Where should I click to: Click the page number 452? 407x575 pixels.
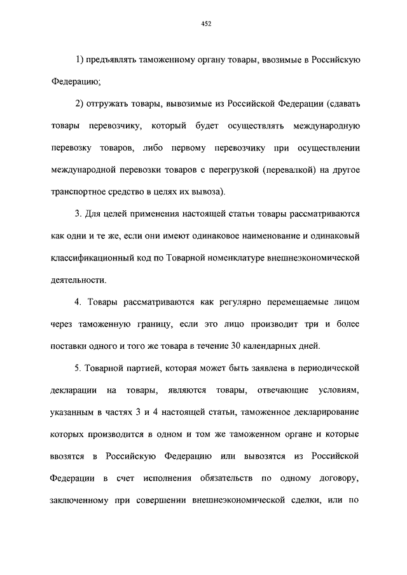pos(205,24)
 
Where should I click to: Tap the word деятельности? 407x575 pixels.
pos(79,280)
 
